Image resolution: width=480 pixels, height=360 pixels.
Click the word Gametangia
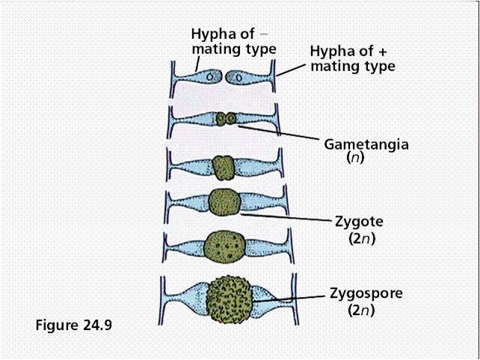(366, 144)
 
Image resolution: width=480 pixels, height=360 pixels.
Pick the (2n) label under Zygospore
(360, 308)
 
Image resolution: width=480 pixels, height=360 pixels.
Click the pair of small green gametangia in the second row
(225, 118)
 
